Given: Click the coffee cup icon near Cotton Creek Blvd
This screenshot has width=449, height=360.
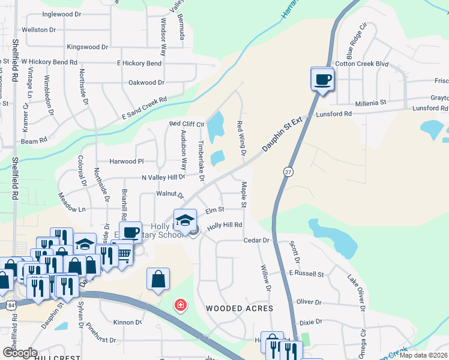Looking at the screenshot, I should pyautogui.click(x=322, y=79).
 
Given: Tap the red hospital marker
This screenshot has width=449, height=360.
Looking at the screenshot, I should pyautogui.click(x=179, y=306).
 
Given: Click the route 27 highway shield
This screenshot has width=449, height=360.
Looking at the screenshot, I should pyautogui.click(x=288, y=171).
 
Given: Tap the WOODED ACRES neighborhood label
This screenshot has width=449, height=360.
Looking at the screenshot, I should pyautogui.click(x=240, y=308).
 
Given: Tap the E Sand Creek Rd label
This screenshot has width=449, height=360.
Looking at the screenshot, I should pyautogui.click(x=143, y=108).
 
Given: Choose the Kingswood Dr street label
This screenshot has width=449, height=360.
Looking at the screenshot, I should pyautogui.click(x=88, y=47).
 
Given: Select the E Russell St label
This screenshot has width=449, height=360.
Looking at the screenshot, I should pyautogui.click(x=306, y=274).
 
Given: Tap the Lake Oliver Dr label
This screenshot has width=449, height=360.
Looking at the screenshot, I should pyautogui.click(x=357, y=293).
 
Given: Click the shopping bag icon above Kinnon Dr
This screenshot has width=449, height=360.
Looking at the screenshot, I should pyautogui.click(x=158, y=278).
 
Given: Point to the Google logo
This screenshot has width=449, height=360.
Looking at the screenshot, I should pyautogui.click(x=20, y=353).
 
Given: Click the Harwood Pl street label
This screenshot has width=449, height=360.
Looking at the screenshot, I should pyautogui.click(x=127, y=161).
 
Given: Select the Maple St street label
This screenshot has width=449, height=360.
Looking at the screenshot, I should pyautogui.click(x=244, y=195).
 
